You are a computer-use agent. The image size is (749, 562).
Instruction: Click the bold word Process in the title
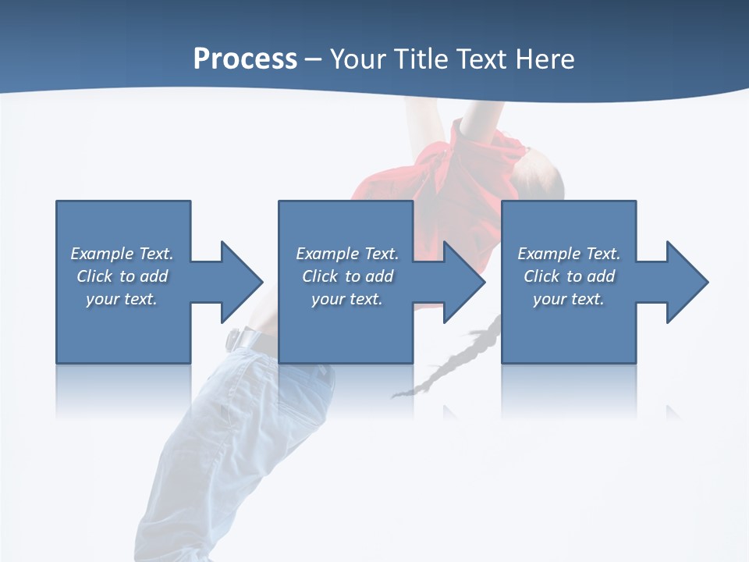click(245, 59)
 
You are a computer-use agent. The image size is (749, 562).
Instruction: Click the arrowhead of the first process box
click(242, 282)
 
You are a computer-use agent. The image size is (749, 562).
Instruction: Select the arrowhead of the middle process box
click(464, 282)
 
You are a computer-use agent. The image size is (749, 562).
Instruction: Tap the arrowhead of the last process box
click(687, 282)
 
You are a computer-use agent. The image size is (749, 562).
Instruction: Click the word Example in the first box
click(102, 254)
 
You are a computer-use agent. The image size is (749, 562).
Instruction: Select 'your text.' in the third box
click(569, 299)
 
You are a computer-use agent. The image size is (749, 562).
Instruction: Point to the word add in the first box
click(154, 276)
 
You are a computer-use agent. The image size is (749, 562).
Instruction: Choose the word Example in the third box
click(549, 254)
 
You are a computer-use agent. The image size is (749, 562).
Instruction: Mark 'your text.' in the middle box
click(347, 299)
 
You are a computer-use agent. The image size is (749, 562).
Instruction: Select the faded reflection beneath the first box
click(123, 390)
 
